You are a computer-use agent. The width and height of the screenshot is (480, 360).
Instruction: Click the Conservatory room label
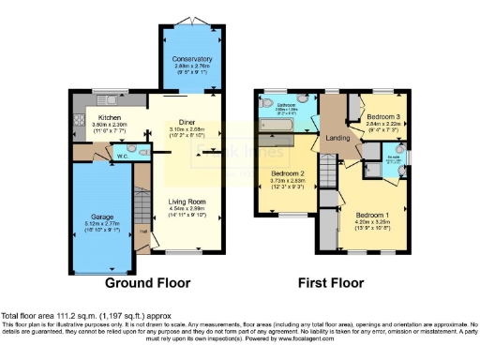191,59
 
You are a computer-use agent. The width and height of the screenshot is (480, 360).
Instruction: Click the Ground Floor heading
147,282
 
